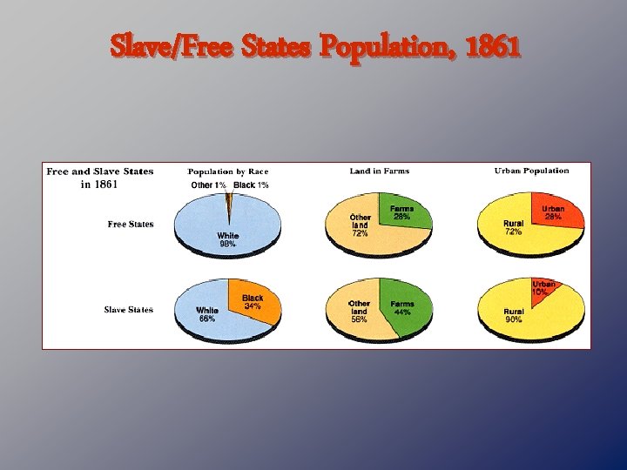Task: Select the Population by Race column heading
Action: pyautogui.click(x=228, y=171)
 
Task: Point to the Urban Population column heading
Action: pyautogui.click(x=531, y=171)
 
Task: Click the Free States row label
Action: pyautogui.click(x=131, y=225)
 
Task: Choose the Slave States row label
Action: pyautogui.click(x=129, y=310)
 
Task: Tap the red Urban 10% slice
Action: pyautogui.click(x=542, y=288)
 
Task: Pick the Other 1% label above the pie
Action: pyautogui.click(x=209, y=185)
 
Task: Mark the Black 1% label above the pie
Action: pyautogui.click(x=251, y=185)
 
